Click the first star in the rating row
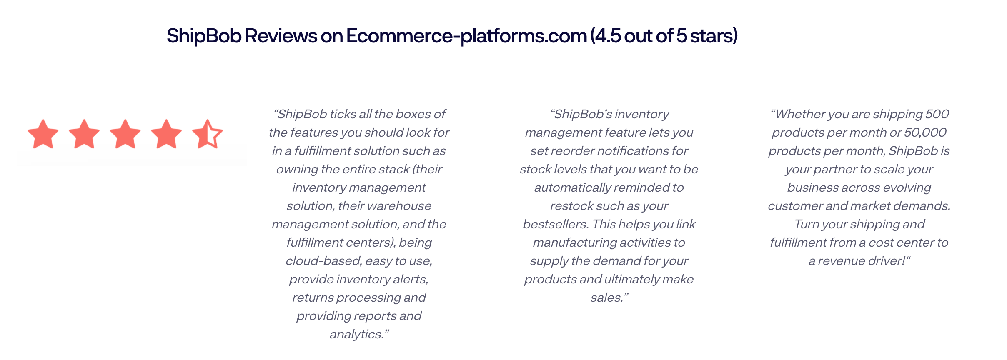click(x=43, y=134)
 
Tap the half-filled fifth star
click(x=208, y=134)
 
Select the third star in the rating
click(x=125, y=134)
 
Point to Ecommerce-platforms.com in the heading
click(x=466, y=36)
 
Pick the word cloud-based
click(x=323, y=261)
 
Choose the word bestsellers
click(x=556, y=224)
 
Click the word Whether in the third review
click(x=800, y=114)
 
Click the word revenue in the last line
click(x=840, y=261)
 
